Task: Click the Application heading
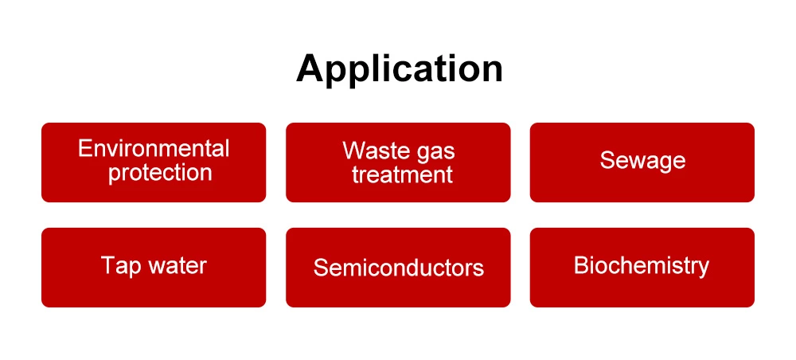click(x=399, y=69)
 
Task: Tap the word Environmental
click(x=154, y=148)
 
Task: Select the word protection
click(x=160, y=172)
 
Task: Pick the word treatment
click(x=402, y=174)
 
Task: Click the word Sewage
click(x=642, y=161)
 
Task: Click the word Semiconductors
click(x=398, y=267)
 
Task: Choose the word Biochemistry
click(x=642, y=265)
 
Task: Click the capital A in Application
click(x=310, y=68)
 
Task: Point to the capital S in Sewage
click(x=607, y=161)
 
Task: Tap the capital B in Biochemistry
click(x=580, y=265)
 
